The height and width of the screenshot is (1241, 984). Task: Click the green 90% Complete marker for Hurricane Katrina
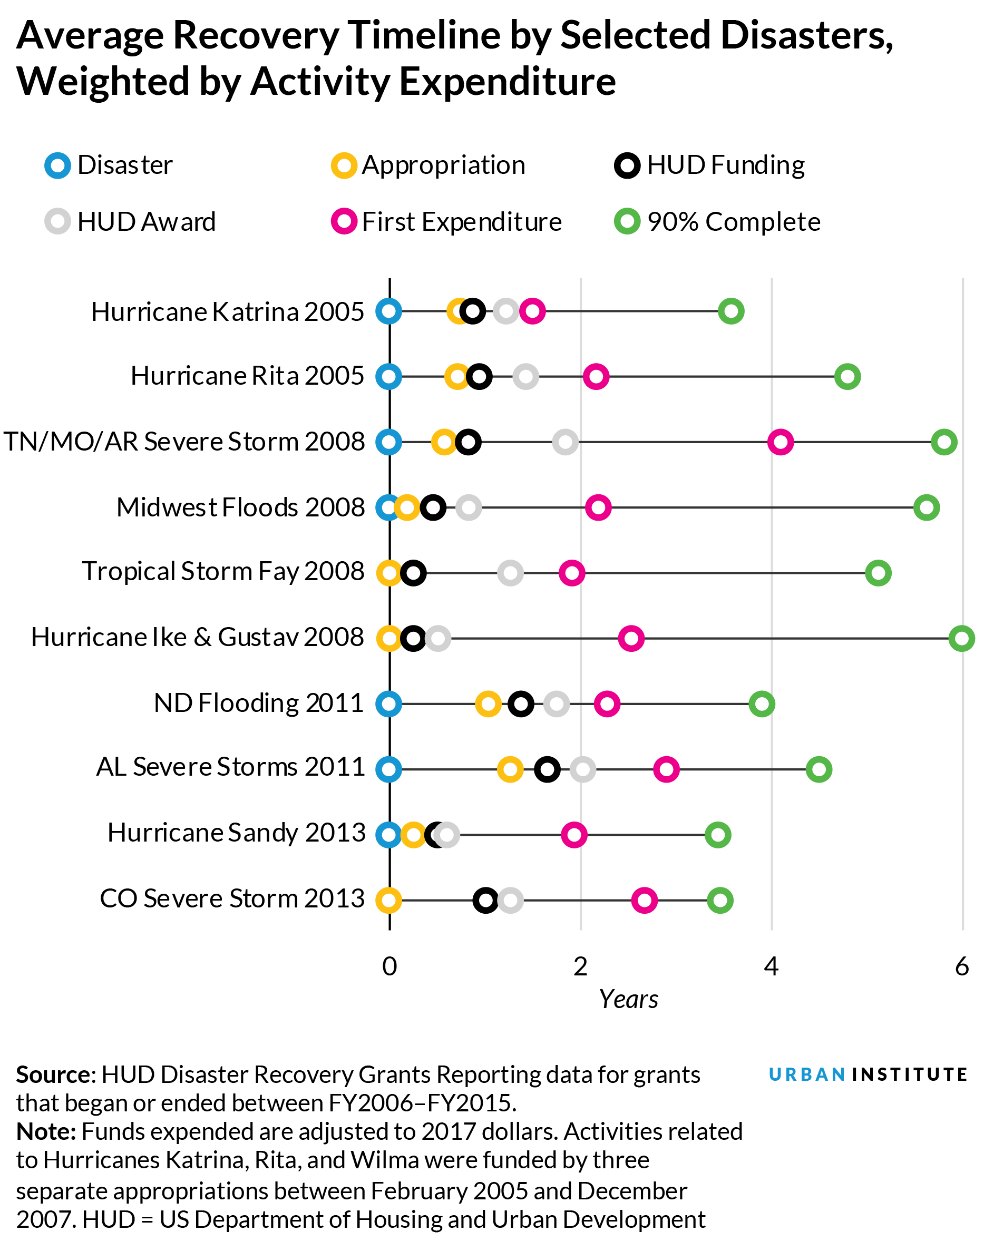[x=730, y=311]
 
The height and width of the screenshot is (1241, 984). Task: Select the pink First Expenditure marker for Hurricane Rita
[x=596, y=377]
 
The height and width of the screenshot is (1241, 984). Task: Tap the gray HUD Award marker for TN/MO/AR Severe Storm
[x=565, y=442]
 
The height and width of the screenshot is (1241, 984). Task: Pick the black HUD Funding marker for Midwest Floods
[x=433, y=507]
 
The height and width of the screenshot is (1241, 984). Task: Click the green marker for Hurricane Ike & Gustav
[x=961, y=638]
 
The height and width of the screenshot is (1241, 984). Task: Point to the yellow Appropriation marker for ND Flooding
[x=488, y=704]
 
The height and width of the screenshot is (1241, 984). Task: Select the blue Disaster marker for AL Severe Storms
[x=388, y=769]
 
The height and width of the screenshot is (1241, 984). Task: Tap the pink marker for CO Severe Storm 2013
[x=644, y=900]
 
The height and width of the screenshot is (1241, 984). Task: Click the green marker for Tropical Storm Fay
[x=878, y=573]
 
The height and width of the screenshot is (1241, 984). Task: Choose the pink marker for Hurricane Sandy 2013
[x=574, y=835]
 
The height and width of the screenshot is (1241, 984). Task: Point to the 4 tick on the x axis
[x=771, y=966]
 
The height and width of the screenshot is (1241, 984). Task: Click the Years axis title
[x=628, y=999]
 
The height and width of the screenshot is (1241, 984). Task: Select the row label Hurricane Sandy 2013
[x=236, y=833]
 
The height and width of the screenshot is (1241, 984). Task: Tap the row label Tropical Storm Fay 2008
[x=223, y=572]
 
